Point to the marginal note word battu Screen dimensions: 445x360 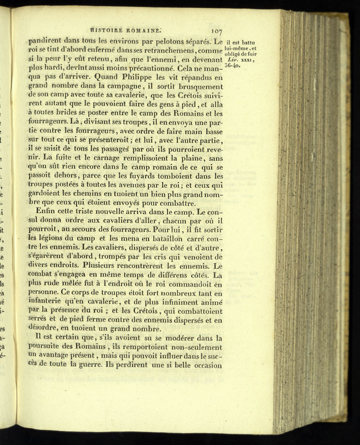click(251, 42)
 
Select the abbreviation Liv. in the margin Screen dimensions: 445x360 click(232, 59)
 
